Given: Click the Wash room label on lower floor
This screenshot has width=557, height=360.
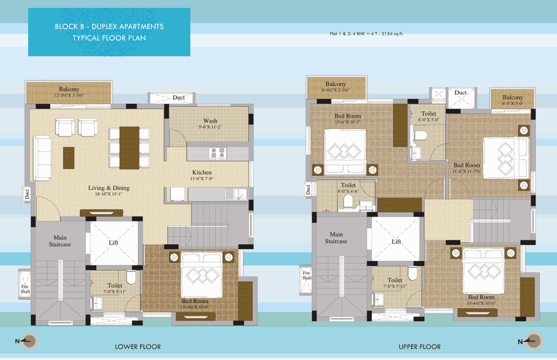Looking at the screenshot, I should pyautogui.click(x=210, y=121).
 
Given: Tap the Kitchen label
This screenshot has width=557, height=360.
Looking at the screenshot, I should pyautogui.click(x=202, y=173).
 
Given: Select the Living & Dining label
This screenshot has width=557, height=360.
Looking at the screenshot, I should pyautogui.click(x=109, y=188).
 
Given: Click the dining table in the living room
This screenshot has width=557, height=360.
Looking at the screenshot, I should pyautogui.click(x=129, y=148).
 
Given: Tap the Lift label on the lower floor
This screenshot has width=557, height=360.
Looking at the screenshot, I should pyautogui.click(x=113, y=243).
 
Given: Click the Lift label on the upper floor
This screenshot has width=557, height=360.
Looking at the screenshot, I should pyautogui.click(x=396, y=242).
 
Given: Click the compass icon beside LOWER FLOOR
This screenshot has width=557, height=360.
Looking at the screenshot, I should pyautogui.click(x=29, y=341).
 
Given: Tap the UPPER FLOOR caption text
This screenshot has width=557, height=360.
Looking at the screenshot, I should pyautogui.click(x=419, y=347).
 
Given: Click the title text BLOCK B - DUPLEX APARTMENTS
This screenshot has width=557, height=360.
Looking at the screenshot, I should pyautogui.click(x=109, y=26).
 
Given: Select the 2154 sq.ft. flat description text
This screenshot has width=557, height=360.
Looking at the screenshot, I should pyautogui.click(x=366, y=33).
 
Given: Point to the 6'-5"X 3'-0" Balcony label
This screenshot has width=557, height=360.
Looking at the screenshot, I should pyautogui.click(x=513, y=98).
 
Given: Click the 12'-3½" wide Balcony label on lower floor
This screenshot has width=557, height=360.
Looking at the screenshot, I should pyautogui.click(x=69, y=90).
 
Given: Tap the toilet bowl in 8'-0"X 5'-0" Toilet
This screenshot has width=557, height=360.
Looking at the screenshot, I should pyautogui.click(x=419, y=135).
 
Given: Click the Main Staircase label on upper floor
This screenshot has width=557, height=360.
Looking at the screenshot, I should pyautogui.click(x=336, y=238).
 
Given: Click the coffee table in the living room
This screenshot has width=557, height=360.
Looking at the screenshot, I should pyautogui.click(x=69, y=155).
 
